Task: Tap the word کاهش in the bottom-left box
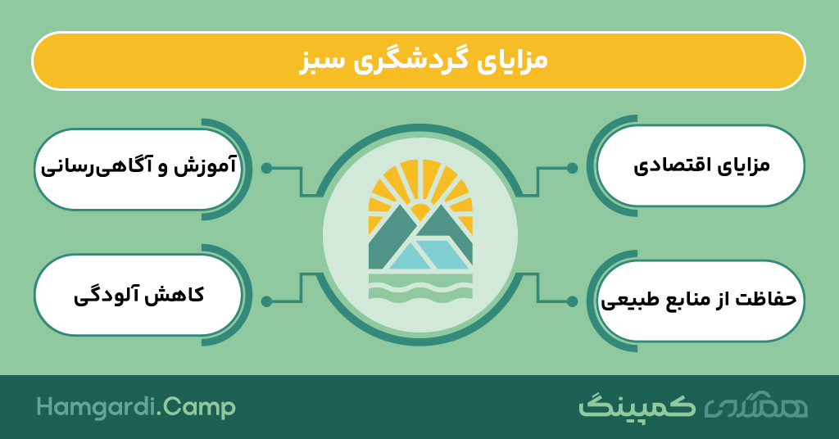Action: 180,295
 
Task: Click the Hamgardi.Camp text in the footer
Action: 136,407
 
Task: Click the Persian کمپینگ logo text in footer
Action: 637,406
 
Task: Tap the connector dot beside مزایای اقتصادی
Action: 572,168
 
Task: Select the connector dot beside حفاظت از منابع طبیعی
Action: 572,301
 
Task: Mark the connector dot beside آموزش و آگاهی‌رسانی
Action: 266,168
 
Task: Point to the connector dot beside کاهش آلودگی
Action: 266,301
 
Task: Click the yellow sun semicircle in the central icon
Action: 420,211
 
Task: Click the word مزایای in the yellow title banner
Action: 511,61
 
